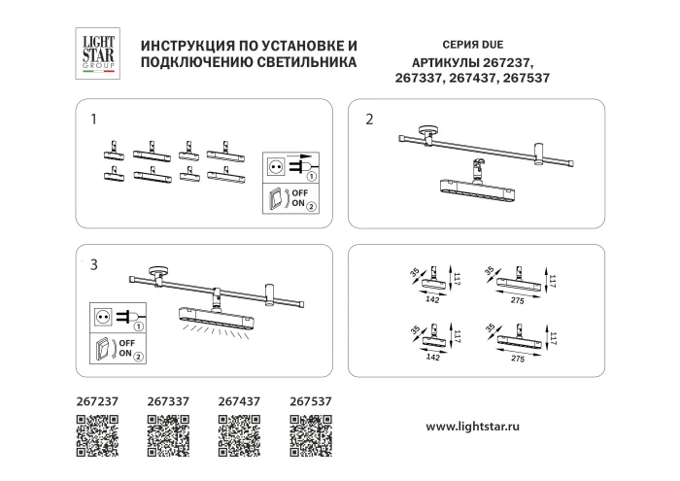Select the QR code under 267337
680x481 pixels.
tap(168, 433)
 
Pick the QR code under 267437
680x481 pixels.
tap(240, 433)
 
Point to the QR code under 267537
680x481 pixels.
tap(312, 433)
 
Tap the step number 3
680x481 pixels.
tap(93, 264)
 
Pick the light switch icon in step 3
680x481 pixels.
tap(103, 348)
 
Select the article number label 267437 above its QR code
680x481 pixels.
tap(239, 399)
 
